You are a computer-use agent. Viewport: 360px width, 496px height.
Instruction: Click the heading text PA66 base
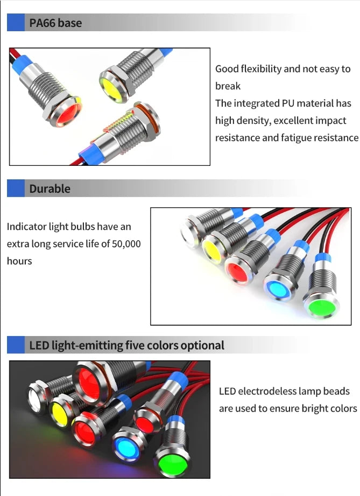coord(55,23)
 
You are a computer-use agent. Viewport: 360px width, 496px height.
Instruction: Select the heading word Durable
coord(50,188)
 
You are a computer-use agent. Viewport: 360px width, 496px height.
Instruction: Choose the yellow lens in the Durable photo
coord(214,249)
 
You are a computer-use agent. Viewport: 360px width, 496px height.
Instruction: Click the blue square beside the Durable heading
coord(16,188)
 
